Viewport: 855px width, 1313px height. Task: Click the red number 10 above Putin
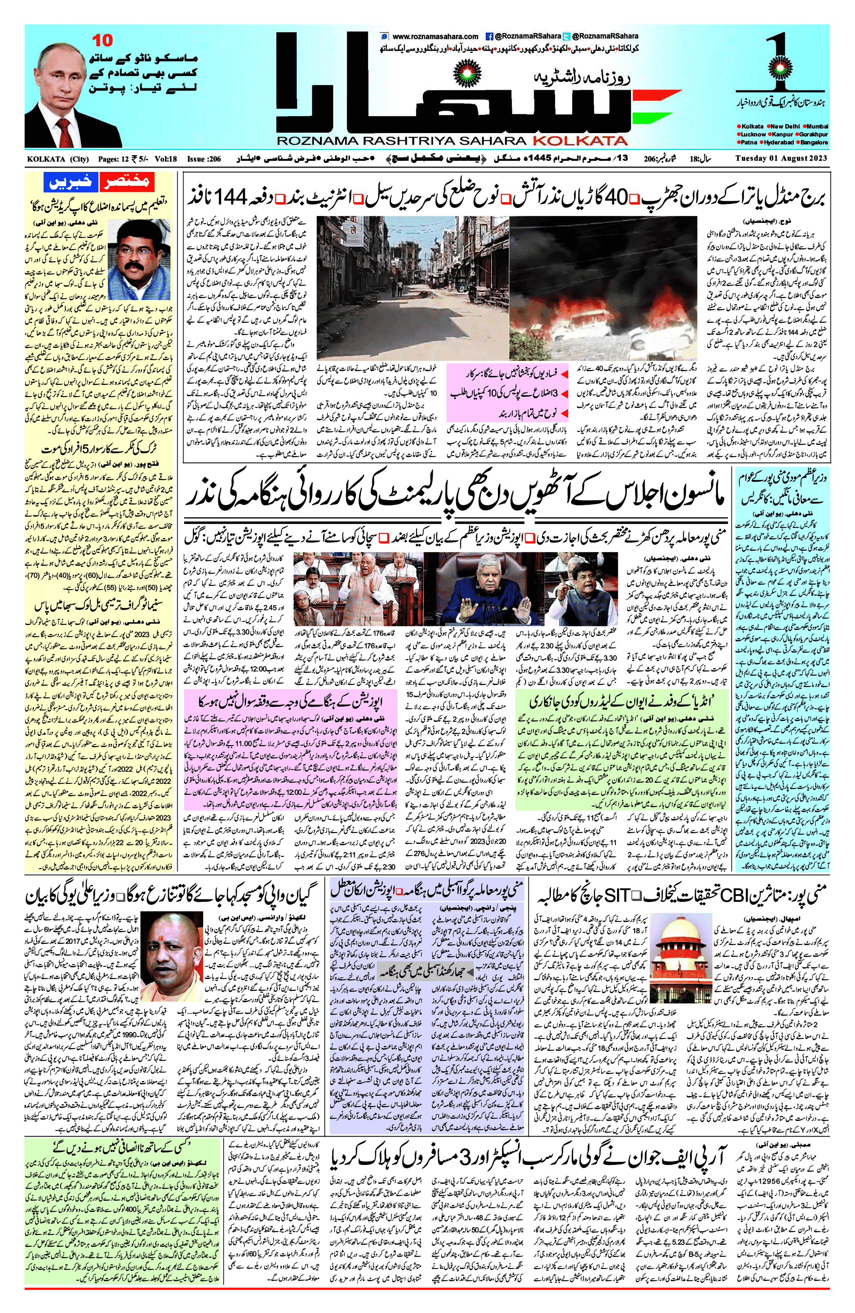click(x=102, y=40)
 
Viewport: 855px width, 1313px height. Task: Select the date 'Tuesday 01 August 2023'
click(x=782, y=159)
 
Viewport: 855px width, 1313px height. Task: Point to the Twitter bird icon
click(x=566, y=36)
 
